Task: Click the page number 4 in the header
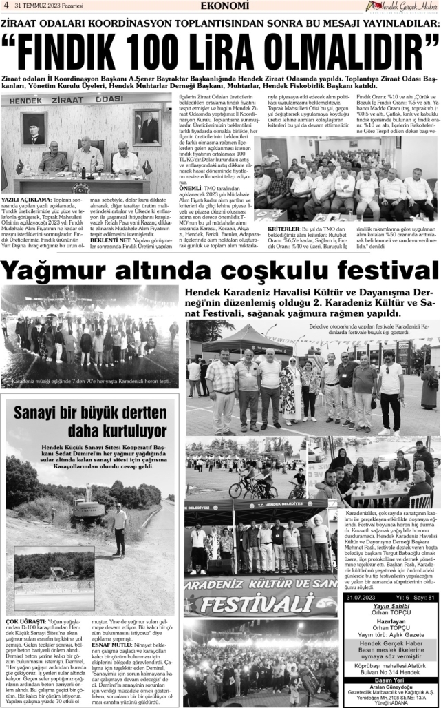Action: [6, 6]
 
